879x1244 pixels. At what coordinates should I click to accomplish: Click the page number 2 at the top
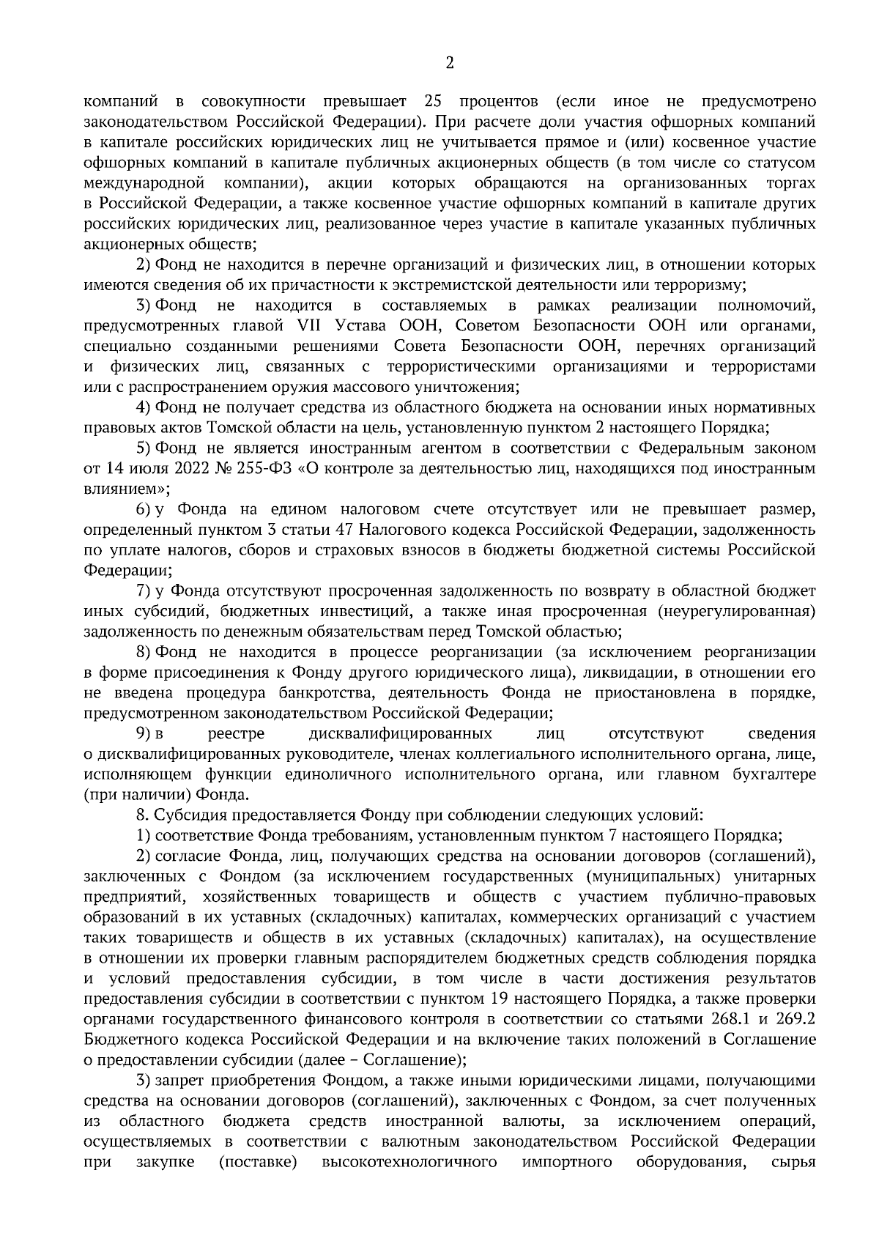point(449,64)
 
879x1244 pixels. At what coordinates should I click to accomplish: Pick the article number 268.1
point(729,1019)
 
